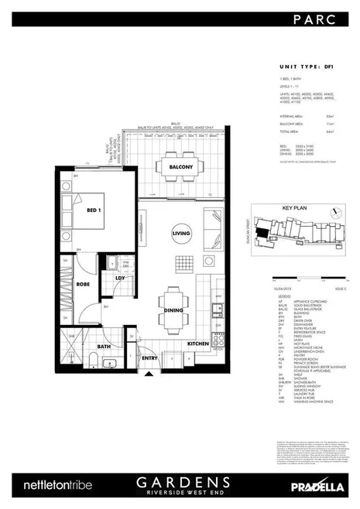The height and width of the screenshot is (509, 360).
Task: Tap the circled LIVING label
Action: coord(181,234)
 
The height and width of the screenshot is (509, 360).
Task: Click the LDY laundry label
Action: coord(120,278)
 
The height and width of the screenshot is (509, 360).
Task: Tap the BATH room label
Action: coord(105,347)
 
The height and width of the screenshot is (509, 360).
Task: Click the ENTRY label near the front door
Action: coord(149,358)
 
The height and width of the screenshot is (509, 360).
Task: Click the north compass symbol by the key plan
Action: coord(338,209)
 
